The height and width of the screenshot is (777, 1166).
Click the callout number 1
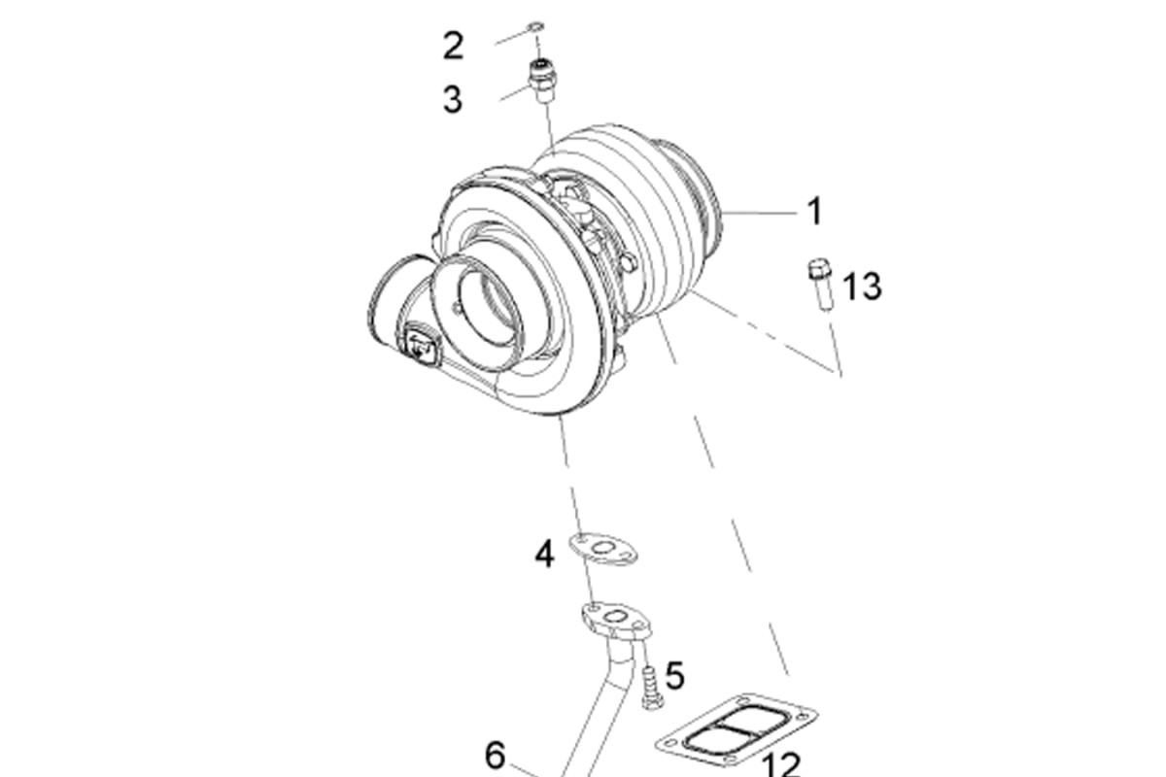[x=815, y=211]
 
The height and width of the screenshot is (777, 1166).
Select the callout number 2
[x=454, y=46]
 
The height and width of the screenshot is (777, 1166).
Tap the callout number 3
[x=453, y=99]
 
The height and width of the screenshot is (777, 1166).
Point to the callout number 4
[x=544, y=554]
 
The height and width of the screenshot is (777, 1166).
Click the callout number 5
[x=675, y=676]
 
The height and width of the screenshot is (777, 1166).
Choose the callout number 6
[x=495, y=755]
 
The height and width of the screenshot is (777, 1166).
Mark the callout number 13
[x=862, y=287]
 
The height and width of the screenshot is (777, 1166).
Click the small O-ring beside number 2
[x=535, y=26]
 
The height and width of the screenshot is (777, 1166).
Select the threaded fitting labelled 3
[x=543, y=82]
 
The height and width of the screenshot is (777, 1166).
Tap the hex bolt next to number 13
[x=821, y=285]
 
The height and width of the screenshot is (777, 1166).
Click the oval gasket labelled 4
[x=602, y=549]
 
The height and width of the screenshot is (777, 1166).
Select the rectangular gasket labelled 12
[x=737, y=730]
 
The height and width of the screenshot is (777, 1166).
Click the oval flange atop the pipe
[x=616, y=620]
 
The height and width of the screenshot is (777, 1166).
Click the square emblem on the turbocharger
[x=420, y=345]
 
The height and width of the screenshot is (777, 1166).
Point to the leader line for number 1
[x=759, y=213]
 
